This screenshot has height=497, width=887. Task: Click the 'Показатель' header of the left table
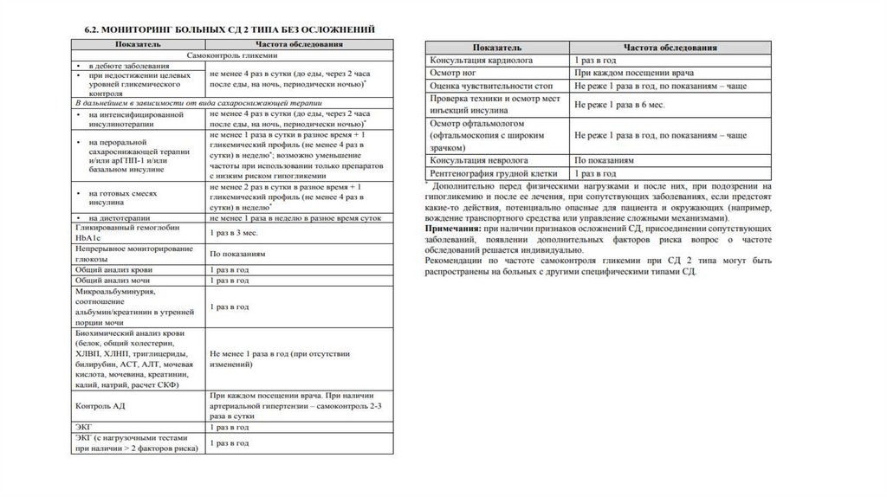134,44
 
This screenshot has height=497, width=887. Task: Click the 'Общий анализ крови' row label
116,270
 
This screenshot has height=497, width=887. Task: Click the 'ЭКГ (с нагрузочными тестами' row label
129,438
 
